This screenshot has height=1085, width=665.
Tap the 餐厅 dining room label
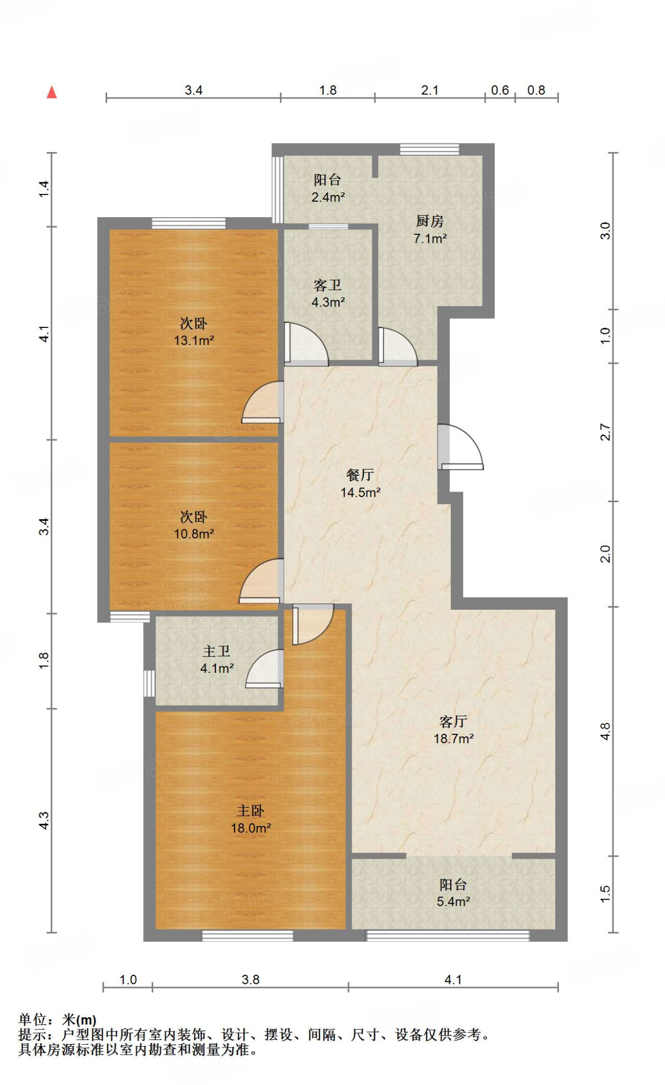point(360,475)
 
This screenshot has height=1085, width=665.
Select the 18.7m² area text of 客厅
point(453,739)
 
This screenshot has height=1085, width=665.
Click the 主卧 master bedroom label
point(250,811)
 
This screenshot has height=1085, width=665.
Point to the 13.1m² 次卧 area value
point(194,341)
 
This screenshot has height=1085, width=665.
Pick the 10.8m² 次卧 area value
point(194,534)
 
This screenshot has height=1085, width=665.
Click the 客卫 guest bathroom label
point(328,285)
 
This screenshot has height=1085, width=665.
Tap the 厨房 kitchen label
point(430,220)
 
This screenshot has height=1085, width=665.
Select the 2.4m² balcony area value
point(328,198)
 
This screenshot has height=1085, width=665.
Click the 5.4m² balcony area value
point(453,902)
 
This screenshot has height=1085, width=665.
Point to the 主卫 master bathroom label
point(216,651)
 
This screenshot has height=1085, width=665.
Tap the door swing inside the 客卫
point(307,344)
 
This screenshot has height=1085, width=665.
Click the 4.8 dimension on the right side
point(606,732)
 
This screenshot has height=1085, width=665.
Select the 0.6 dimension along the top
point(500,91)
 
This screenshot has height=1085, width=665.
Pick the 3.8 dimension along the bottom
point(251,980)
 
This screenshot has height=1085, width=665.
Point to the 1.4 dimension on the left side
point(44,190)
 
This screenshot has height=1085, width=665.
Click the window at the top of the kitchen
point(430,149)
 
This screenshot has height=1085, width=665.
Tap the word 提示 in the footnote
point(32,1035)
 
